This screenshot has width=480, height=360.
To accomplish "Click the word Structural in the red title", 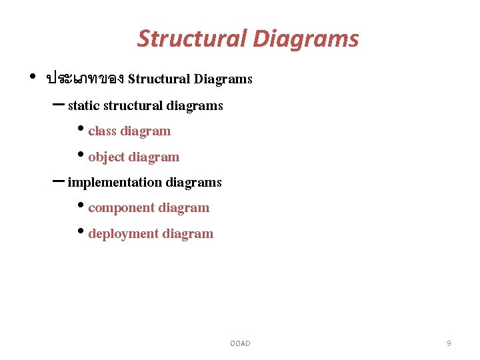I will click(192, 39).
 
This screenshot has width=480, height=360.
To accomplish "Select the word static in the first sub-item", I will click(84, 105).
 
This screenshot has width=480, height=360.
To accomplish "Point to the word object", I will click(106, 157).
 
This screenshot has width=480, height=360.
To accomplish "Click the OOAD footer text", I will click(240, 343).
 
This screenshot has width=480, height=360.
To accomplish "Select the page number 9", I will click(449, 343).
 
